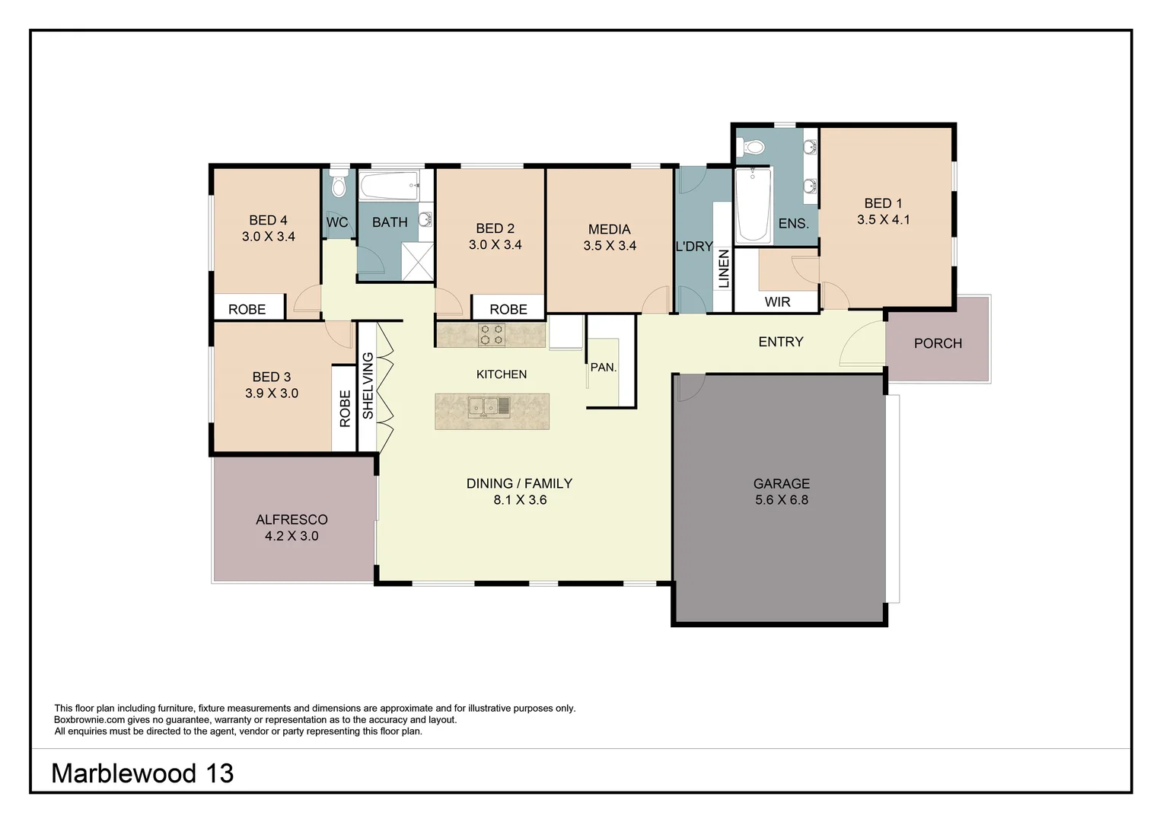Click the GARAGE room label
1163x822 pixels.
[x=781, y=483]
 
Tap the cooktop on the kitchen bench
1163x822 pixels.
[x=492, y=335]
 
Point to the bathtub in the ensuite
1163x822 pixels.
[x=753, y=205]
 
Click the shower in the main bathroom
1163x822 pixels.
[x=416, y=261]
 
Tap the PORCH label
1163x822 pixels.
[x=938, y=343]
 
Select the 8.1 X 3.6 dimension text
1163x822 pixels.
[x=520, y=500]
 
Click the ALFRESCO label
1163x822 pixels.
[x=292, y=520]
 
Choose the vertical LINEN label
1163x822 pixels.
[x=723, y=269]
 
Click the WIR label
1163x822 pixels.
[x=777, y=302]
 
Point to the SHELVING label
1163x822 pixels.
[x=368, y=385]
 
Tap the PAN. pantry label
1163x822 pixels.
[x=603, y=368]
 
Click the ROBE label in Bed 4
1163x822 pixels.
[x=247, y=309]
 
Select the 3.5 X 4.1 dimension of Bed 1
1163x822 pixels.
[x=883, y=220]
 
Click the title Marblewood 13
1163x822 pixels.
[x=142, y=773]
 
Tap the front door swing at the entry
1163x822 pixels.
[x=860, y=345]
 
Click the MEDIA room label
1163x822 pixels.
[x=609, y=229]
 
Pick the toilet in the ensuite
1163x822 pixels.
[x=754, y=148]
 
